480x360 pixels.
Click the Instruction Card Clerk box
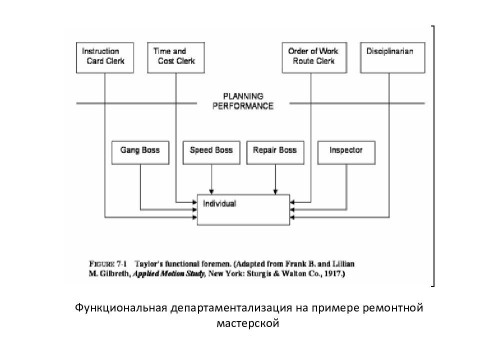[x=104, y=57]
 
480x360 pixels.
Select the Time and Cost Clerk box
[x=176, y=57]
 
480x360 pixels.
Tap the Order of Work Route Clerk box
[x=314, y=57]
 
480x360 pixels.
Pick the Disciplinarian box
[x=393, y=57]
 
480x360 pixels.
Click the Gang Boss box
[x=140, y=153]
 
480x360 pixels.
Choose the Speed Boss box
[x=211, y=153]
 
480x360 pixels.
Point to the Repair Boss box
[x=275, y=153]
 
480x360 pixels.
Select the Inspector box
[x=346, y=153]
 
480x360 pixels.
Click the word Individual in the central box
[x=219, y=203]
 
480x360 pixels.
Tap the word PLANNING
[x=243, y=96]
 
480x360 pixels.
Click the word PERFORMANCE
[x=243, y=106]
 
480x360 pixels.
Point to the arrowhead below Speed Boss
[x=211, y=192]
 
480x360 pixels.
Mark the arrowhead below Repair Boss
[x=275, y=192]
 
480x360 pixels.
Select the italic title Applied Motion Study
[x=168, y=273]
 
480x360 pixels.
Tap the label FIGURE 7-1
[x=108, y=264]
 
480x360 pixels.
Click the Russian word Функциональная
[x=121, y=308]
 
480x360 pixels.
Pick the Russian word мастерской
[x=247, y=323]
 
